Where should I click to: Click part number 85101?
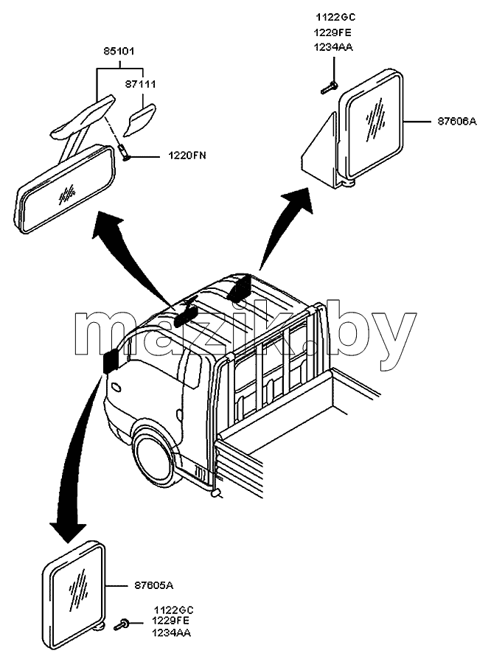point(119,52)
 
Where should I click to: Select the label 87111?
point(140,84)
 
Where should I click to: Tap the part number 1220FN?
point(187,156)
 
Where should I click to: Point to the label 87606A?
point(457,122)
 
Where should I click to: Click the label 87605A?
point(154,585)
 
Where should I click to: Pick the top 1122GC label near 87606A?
point(336,17)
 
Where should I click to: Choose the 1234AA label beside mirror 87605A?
point(172,632)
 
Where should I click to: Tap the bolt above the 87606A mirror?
point(329,88)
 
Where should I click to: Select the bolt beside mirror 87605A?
point(122,624)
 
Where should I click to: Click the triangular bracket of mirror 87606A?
point(320,147)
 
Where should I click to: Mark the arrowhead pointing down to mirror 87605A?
point(67,531)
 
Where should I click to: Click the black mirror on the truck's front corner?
point(111,360)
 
